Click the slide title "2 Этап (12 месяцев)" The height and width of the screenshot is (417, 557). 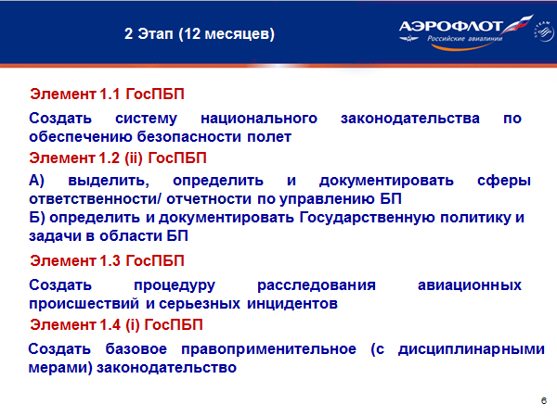tap(200, 34)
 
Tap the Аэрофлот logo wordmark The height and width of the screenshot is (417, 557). tap(450, 26)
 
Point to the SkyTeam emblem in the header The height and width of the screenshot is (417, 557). tap(543, 32)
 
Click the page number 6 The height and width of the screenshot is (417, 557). tap(543, 401)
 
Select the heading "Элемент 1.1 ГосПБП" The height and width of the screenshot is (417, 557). tap(107, 95)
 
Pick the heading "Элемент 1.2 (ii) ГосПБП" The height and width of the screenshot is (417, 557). tap(118, 158)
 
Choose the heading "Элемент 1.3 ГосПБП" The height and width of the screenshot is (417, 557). tap(107, 261)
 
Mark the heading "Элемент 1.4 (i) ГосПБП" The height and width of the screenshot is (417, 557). tap(116, 325)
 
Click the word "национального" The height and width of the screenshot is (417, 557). tap(259, 119)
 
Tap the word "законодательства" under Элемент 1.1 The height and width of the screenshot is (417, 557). tap(410, 119)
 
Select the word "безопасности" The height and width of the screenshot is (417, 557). tap(189, 137)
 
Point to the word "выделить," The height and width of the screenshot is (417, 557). tap(109, 182)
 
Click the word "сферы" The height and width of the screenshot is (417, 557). tap(504, 182)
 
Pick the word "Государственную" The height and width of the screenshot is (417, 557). tap(368, 218)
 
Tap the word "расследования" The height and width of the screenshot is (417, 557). tap(317, 285)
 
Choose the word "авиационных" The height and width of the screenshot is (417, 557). tap(470, 285)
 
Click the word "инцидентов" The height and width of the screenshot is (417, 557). tap(292, 304)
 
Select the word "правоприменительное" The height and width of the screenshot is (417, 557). tap(268, 349)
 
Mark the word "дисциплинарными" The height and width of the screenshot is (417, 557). tap(471, 349)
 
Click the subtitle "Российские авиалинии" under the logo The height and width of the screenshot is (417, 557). tap(465, 39)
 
